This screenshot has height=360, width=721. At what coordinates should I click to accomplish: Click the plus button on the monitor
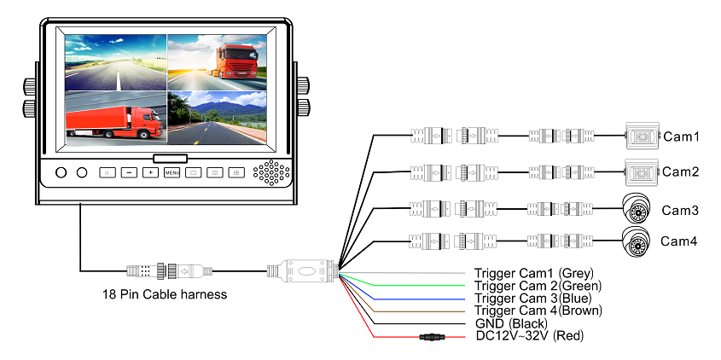(149, 172)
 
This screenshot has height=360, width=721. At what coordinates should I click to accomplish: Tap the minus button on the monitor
(128, 172)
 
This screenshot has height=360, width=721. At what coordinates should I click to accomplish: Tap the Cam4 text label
(679, 241)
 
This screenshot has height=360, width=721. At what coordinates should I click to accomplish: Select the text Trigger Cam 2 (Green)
(538, 285)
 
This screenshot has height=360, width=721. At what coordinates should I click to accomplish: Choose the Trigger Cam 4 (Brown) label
(538, 311)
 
